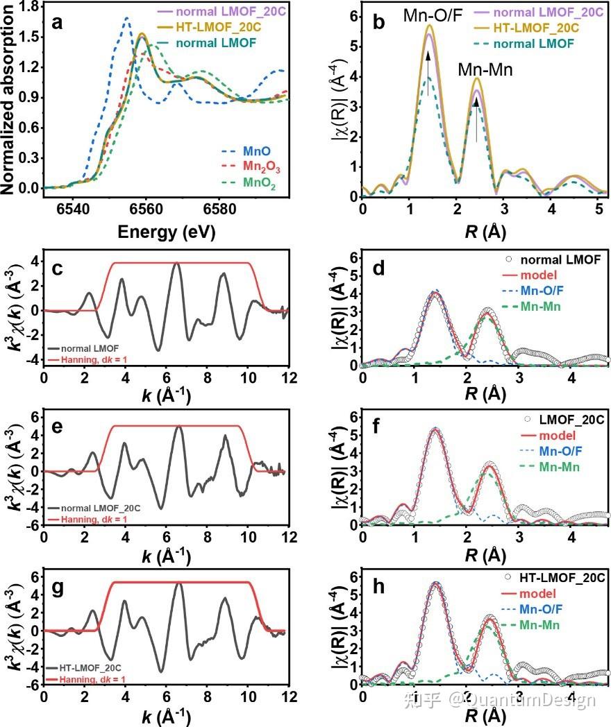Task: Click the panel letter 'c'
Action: point(58,269)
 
